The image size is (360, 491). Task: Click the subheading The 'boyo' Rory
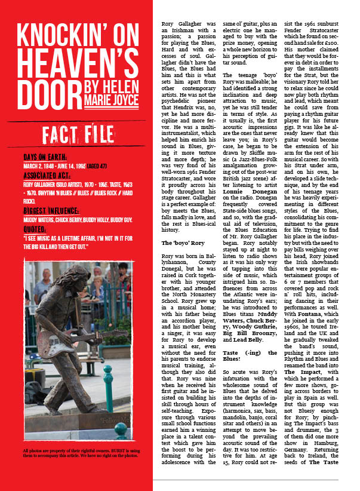point(183,243)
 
